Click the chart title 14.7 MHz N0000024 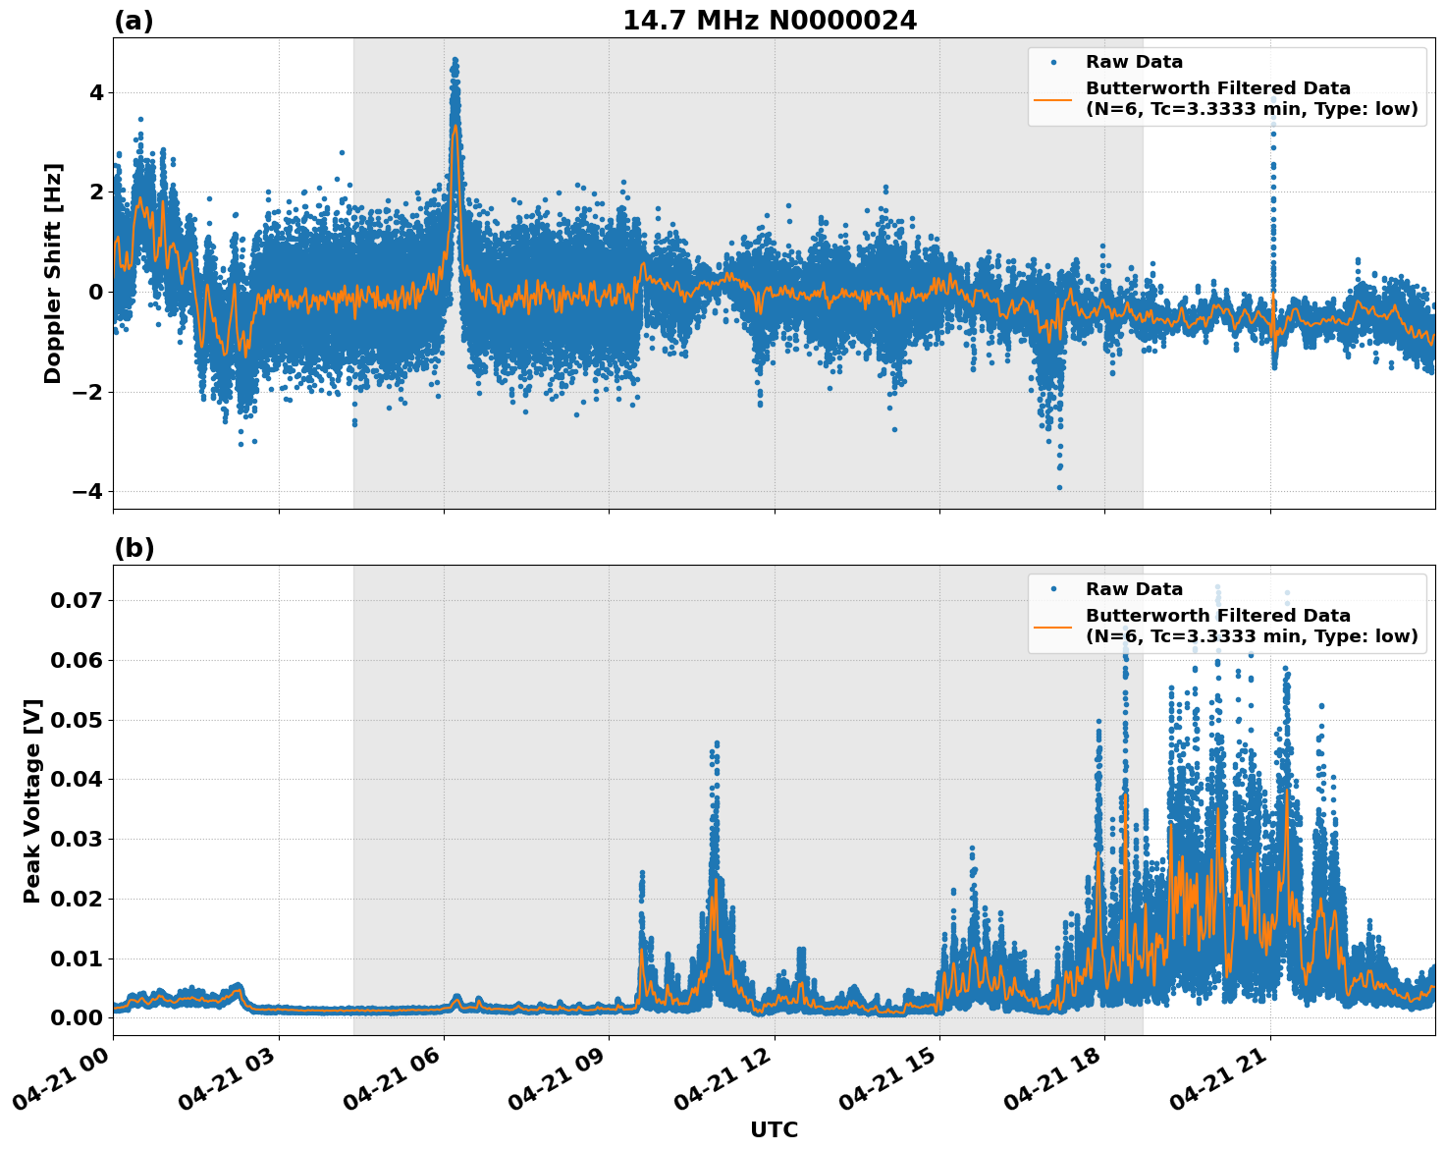[770, 21]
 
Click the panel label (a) [134, 21]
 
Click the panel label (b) [134, 548]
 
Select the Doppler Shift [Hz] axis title [53, 273]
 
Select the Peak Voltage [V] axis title [32, 800]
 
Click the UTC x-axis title [774, 1129]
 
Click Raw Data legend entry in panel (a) [1134, 62]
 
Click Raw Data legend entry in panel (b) [1134, 589]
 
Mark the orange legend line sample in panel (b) [1052, 626]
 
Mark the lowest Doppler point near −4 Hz [1059, 487]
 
